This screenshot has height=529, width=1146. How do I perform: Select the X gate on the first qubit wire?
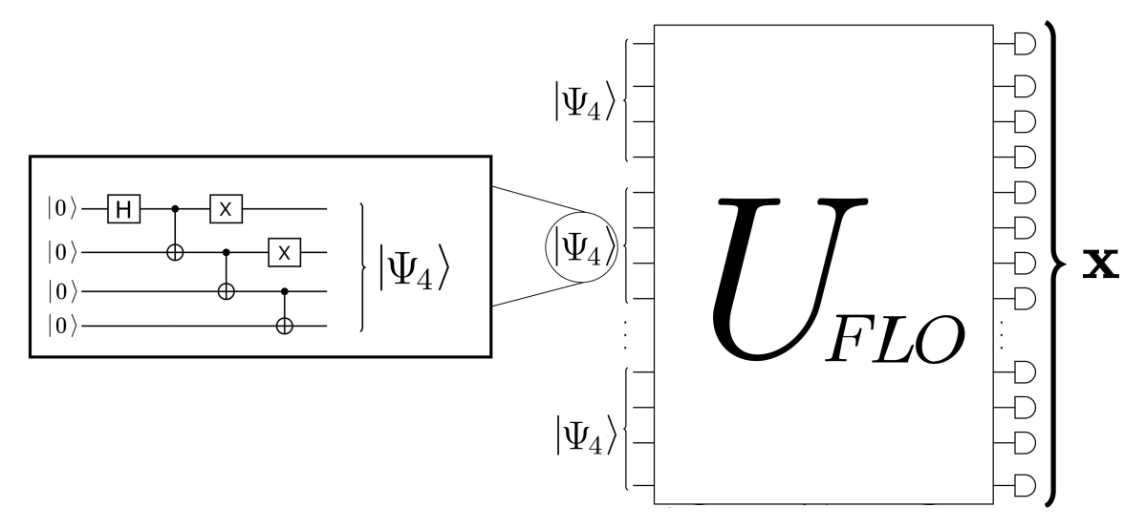[x=225, y=206]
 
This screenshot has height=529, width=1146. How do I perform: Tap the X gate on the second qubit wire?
[x=283, y=252]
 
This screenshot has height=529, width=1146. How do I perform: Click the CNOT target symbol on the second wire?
[x=175, y=252]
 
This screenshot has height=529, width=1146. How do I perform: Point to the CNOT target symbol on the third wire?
[x=227, y=289]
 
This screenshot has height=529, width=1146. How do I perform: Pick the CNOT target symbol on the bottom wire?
[x=283, y=326]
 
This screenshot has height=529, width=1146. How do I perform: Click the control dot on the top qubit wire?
[x=175, y=206]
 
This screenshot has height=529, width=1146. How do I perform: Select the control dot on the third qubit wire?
[x=283, y=289]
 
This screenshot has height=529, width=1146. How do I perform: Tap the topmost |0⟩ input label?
[x=62, y=206]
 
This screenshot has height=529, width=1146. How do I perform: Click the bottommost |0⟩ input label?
[x=62, y=326]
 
